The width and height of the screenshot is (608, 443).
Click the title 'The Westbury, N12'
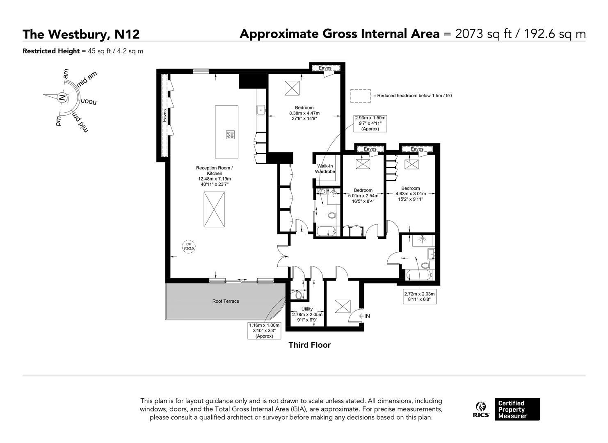click(x=81, y=34)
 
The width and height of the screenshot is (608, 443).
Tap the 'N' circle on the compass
click(x=62, y=98)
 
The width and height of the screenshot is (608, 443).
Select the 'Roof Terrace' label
click(x=226, y=301)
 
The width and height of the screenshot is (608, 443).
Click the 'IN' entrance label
click(x=367, y=316)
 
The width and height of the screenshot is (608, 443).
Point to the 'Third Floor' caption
click(x=309, y=345)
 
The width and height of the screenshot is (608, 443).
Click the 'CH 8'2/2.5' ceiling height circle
click(x=189, y=246)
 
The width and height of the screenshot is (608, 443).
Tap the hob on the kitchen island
click(x=230, y=135)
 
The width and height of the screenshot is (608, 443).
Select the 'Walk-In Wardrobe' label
click(x=325, y=169)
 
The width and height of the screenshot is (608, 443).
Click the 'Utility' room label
click(x=307, y=309)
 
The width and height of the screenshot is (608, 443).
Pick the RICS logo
click(x=481, y=410)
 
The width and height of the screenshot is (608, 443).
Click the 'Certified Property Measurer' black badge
click(x=517, y=409)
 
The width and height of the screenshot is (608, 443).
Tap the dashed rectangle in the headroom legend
click(x=360, y=96)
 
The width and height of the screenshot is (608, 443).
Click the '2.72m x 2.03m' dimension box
click(x=419, y=297)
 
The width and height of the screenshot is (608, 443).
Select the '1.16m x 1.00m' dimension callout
click(x=264, y=331)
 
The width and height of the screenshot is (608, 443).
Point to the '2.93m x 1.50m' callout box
click(x=370, y=123)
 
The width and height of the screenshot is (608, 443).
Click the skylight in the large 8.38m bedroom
click(x=293, y=87)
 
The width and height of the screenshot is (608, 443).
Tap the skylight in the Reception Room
click(x=214, y=209)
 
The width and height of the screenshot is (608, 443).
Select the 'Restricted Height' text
click(x=51, y=51)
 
